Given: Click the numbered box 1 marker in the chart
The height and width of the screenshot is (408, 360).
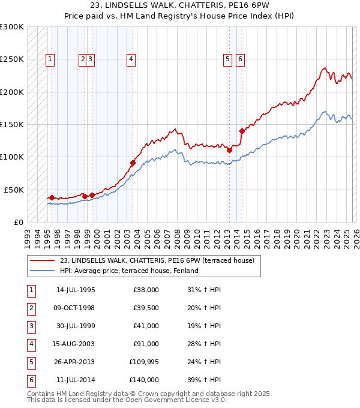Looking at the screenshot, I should click(x=49, y=59).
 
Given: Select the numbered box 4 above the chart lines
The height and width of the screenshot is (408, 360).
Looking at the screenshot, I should click(x=130, y=59).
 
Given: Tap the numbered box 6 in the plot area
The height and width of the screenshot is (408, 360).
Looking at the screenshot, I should click(x=240, y=59).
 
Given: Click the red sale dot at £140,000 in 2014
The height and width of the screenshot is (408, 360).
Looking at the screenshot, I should click(x=242, y=131).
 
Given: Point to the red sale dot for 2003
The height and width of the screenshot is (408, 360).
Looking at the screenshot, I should click(x=133, y=163).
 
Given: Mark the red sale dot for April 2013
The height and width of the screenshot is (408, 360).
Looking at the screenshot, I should click(x=229, y=151).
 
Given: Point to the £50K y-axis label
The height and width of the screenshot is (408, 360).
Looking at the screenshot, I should click(x=14, y=190).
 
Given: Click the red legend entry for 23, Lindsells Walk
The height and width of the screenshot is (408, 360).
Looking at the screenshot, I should click(x=157, y=260).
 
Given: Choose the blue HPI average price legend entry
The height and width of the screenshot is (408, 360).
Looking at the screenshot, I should click(x=129, y=271).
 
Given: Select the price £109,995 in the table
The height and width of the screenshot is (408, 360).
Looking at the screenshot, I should click(x=143, y=362).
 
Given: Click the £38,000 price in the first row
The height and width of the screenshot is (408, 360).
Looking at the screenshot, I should click(x=146, y=290).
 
